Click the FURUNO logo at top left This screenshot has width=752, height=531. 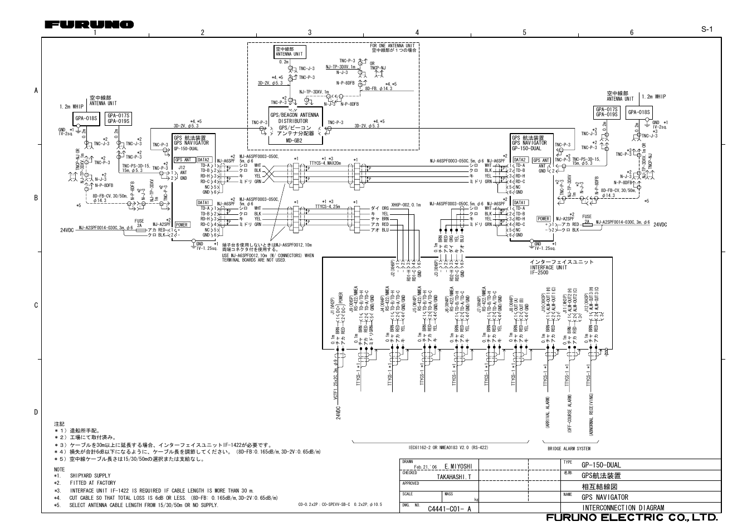89,24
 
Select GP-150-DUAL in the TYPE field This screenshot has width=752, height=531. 601,465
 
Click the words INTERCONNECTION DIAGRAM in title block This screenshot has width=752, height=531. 623,508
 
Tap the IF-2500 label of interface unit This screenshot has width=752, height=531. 539,273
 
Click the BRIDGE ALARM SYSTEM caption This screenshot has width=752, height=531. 569,448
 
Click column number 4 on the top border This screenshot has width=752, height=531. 417,32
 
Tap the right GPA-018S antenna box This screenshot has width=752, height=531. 638,112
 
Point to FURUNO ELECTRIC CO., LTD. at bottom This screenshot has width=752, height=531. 632,518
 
